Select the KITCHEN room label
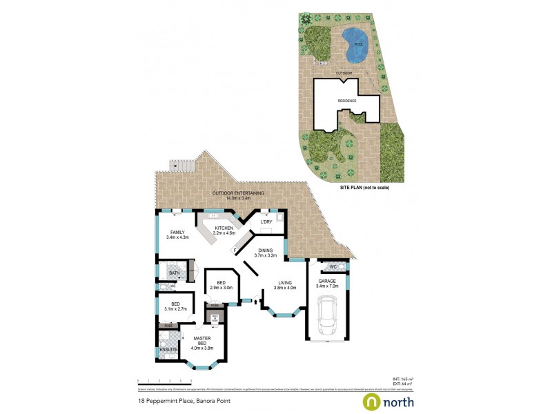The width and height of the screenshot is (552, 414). [x=224, y=228]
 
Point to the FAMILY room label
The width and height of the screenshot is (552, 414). [x=177, y=233]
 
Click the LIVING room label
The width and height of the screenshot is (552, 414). [x=286, y=284]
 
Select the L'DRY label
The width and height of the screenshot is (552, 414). [x=266, y=221]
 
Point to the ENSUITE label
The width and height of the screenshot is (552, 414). [x=168, y=350]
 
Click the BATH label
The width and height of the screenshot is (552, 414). [x=174, y=273]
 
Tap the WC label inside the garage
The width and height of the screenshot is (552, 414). [x=333, y=266]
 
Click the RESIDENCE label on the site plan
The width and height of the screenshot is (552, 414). [x=346, y=101]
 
